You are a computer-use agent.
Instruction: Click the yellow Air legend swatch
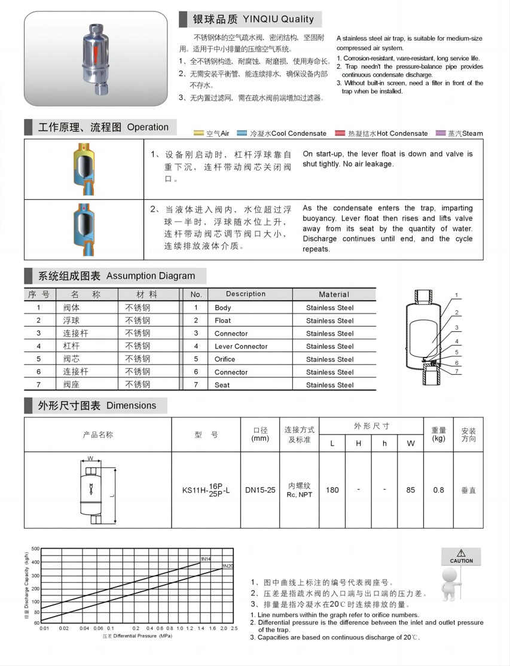click(x=200, y=133)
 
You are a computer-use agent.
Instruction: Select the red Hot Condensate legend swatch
click(x=341, y=133)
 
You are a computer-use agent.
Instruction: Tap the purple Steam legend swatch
click(x=442, y=133)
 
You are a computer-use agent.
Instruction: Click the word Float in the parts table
click(x=222, y=321)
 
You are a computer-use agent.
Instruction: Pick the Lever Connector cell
click(x=242, y=347)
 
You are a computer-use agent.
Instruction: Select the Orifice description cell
click(x=225, y=359)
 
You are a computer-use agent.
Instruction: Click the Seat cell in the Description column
click(x=222, y=385)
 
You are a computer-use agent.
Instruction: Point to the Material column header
click(x=334, y=294)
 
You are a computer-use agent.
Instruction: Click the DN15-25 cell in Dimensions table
click(x=260, y=490)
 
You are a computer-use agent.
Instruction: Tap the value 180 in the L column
click(x=332, y=490)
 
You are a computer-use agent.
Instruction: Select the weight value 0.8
click(x=438, y=490)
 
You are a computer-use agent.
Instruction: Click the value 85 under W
click(x=410, y=490)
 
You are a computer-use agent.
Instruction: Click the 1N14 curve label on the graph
click(x=205, y=559)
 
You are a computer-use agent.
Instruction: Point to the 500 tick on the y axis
click(x=35, y=548)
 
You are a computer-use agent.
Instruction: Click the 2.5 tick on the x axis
click(x=234, y=629)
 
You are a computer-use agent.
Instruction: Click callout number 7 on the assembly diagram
click(x=456, y=371)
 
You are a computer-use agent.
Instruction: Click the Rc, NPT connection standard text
click(x=300, y=495)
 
